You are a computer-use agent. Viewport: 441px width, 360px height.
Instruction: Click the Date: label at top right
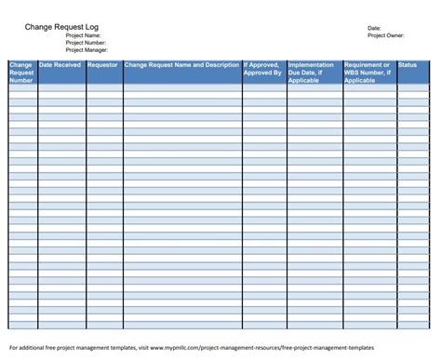pyautogui.click(x=375, y=28)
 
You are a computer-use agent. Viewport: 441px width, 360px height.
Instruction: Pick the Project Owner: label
pyautogui.click(x=386, y=35)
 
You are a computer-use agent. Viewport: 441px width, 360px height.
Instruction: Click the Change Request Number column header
pyautogui.click(x=21, y=73)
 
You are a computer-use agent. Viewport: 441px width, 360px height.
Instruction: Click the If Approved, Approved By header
pyautogui.click(x=262, y=69)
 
